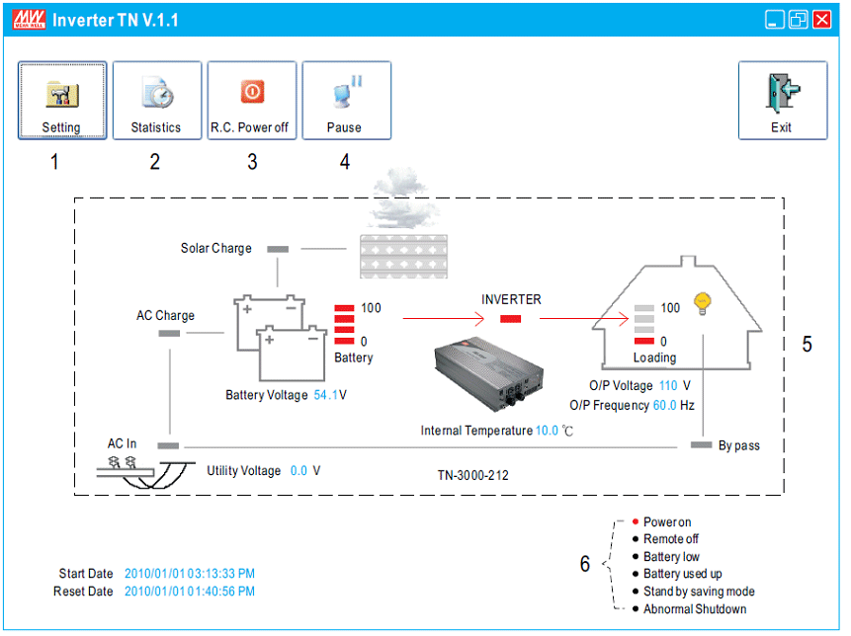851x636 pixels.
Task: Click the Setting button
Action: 62,101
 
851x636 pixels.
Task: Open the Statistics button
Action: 157,101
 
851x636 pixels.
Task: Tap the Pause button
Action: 346,101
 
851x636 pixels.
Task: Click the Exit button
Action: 783,101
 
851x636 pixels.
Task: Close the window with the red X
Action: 822,20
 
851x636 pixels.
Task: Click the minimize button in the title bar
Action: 775,20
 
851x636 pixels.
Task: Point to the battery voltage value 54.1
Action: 325,395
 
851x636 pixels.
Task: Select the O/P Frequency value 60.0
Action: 665,405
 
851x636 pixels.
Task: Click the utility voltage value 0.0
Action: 298,471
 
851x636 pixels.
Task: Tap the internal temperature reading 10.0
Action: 547,431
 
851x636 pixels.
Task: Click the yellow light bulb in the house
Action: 703,303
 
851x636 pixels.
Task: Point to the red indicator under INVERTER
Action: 510,319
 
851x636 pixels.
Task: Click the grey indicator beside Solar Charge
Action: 278,249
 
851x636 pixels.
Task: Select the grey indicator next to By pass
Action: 701,445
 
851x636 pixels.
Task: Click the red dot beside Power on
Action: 635,521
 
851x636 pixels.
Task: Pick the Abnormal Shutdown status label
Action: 695,609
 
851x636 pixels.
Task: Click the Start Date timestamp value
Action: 190,574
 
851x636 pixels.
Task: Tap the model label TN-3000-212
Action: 473,475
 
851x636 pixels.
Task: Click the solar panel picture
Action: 404,257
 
